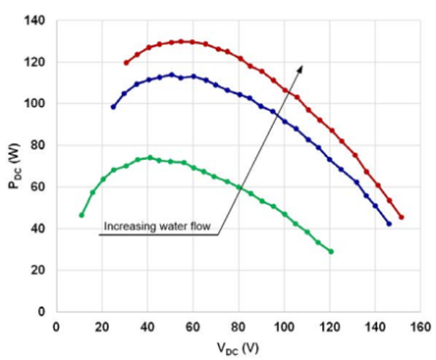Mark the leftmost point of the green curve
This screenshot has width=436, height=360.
pyautogui.click(x=82, y=215)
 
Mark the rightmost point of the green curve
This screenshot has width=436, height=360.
pyautogui.click(x=331, y=251)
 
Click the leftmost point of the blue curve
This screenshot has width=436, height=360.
pyautogui.click(x=113, y=106)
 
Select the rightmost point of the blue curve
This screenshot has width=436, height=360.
pyautogui.click(x=389, y=224)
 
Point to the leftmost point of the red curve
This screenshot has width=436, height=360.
pyautogui.click(x=126, y=63)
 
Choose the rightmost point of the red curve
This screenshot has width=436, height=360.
pyautogui.click(x=401, y=217)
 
